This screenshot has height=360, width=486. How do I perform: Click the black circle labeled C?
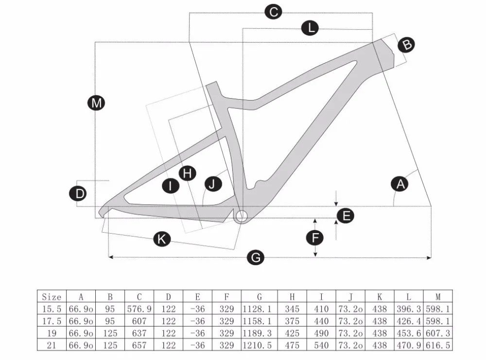click(x=274, y=12)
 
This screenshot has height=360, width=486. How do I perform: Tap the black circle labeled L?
click(x=310, y=28)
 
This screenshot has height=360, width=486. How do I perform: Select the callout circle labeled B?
click(x=407, y=45)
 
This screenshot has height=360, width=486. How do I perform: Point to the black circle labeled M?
click(x=96, y=103)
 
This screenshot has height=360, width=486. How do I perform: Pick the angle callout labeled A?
click(x=400, y=184)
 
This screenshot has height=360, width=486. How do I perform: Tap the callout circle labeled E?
click(x=346, y=216)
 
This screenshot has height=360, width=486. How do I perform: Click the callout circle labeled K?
click(x=162, y=239)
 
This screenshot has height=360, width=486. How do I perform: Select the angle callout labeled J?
click(x=212, y=183)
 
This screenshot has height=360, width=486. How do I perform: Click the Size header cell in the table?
click(x=52, y=297)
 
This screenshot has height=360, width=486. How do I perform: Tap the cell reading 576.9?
click(x=139, y=309)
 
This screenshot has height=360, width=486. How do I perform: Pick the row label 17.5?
click(x=52, y=321)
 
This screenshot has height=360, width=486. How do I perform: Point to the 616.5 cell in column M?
click(x=438, y=344)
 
